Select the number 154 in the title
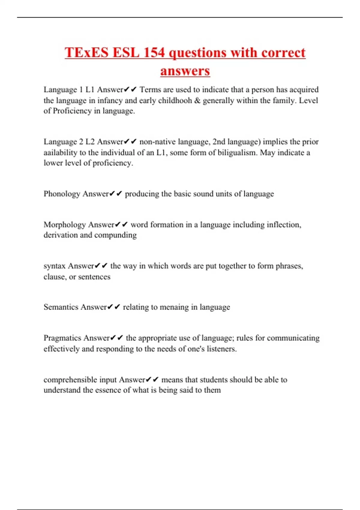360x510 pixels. coord(154,52)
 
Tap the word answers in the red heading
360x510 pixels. coord(185,71)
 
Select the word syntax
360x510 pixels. coord(54,266)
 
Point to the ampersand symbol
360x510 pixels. coord(197,100)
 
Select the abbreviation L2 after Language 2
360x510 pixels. coord(90,142)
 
